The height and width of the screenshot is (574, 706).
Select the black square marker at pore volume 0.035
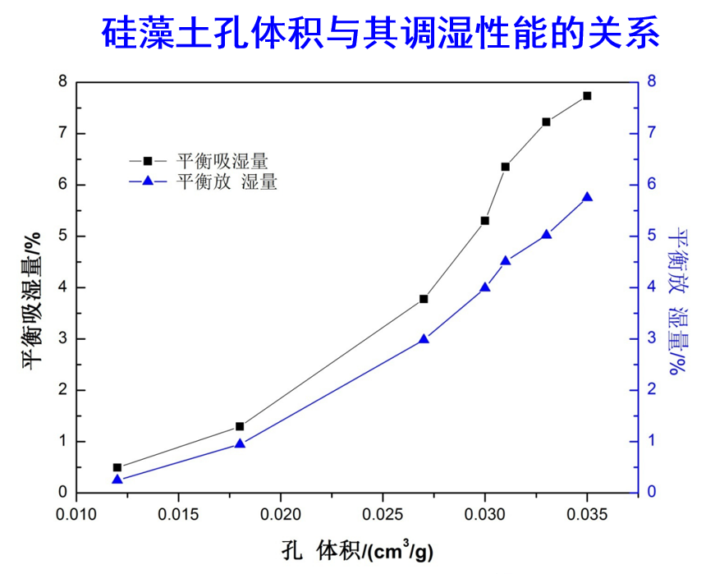(587, 96)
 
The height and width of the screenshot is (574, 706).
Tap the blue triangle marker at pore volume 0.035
(587, 197)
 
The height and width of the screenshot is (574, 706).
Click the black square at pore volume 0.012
(117, 467)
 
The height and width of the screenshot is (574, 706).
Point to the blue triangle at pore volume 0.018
(240, 443)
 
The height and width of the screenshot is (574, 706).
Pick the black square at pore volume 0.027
(424, 299)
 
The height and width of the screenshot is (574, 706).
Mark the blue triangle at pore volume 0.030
(484, 287)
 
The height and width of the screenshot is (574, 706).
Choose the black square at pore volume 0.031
(505, 167)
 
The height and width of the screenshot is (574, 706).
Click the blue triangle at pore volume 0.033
(546, 235)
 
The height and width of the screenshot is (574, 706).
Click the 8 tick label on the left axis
(62, 81)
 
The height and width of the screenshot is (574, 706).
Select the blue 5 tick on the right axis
(652, 236)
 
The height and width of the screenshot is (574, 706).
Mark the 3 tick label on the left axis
(62, 338)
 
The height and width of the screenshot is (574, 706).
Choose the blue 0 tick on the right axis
(652, 492)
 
